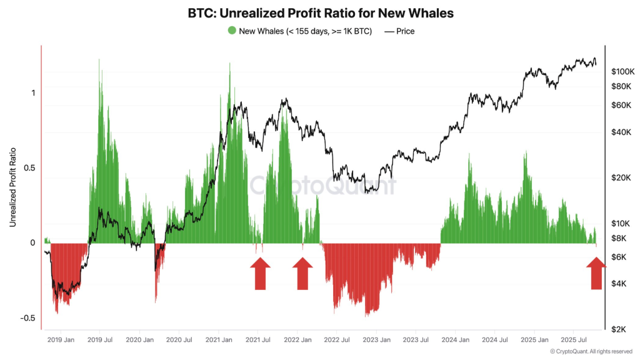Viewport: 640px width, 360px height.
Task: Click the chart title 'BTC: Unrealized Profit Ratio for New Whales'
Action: coord(320,12)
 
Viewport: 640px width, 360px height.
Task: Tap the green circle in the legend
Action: coord(232,31)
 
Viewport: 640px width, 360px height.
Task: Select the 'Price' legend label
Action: coord(405,31)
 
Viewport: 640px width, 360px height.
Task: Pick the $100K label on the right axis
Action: coord(622,72)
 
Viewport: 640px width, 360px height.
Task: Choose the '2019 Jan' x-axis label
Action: coord(61,340)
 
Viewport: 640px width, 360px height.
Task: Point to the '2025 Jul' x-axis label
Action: coord(572,340)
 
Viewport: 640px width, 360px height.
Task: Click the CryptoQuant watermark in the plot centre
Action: coord(322,186)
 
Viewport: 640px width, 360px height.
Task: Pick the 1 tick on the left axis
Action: coord(33,92)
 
